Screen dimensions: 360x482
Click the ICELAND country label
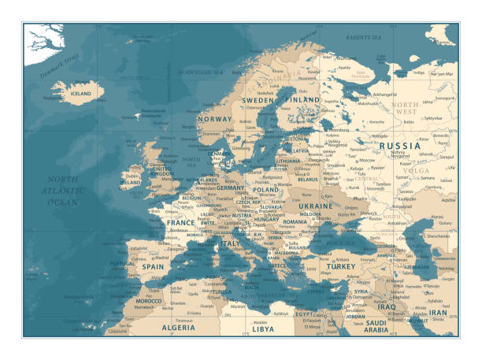tap(81, 93)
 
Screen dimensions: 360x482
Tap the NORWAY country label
tap(215, 119)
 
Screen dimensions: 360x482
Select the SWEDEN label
tap(258, 101)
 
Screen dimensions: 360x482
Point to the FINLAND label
tap(303, 101)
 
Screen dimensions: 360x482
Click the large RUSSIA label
tap(400, 146)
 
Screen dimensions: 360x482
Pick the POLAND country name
tap(265, 190)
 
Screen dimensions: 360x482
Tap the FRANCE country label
tap(180, 223)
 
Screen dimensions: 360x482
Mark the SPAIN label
tap(153, 266)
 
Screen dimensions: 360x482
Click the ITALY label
tap(231, 244)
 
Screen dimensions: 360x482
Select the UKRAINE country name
tap(314, 206)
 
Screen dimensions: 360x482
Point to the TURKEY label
tap(342, 267)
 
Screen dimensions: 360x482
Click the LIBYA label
tap(262, 328)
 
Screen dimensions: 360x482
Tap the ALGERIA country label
tap(178, 327)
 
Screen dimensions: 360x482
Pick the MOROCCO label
tap(148, 301)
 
